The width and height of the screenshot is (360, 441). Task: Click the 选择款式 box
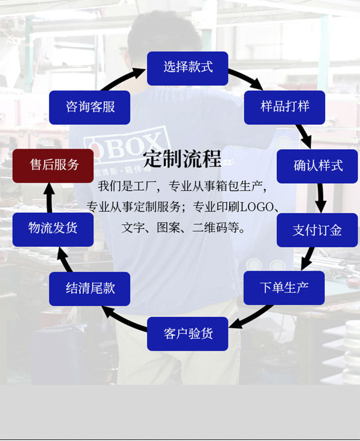[x=187, y=68]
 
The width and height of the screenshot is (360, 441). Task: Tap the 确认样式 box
[x=317, y=166]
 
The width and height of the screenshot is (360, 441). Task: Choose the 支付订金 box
[x=317, y=230]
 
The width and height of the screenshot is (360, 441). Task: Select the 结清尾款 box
[x=90, y=289]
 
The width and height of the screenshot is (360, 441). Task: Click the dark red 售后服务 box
[x=53, y=165]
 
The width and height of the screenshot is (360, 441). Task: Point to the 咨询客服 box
[x=90, y=107]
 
